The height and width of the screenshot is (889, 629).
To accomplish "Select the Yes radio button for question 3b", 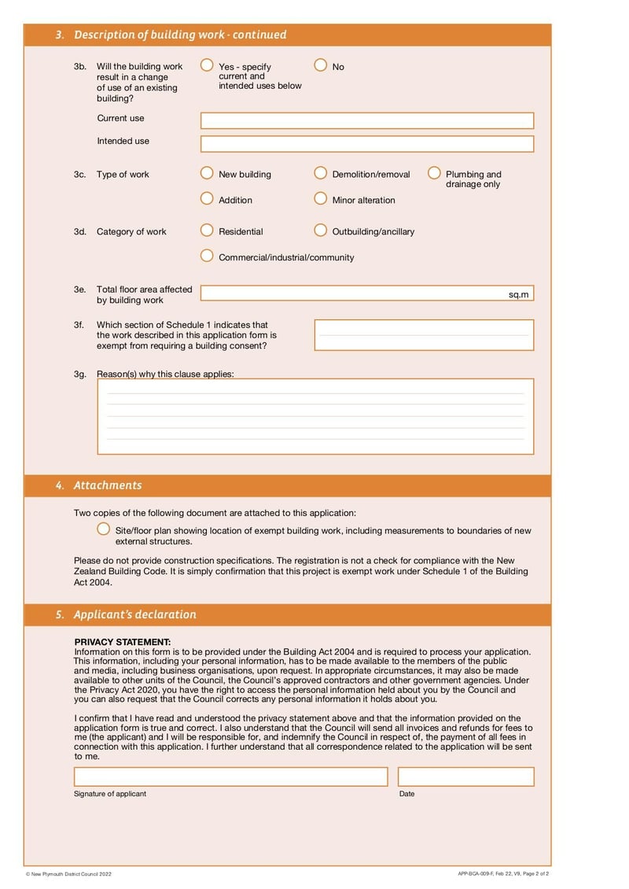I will (x=207, y=65).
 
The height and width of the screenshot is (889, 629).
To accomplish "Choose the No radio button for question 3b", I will (x=321, y=65).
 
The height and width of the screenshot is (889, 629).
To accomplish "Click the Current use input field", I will (x=366, y=120).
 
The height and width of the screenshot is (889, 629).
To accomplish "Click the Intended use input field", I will (x=366, y=144).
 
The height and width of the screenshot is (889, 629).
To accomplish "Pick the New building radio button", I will (x=207, y=173).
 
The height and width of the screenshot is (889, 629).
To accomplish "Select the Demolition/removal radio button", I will (x=321, y=173).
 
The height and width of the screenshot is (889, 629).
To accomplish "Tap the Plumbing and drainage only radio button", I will (x=434, y=173).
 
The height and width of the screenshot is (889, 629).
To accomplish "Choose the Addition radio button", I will (x=207, y=199).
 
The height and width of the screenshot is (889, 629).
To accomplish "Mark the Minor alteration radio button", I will (x=321, y=199).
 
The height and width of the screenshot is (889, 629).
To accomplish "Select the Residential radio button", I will (x=207, y=231).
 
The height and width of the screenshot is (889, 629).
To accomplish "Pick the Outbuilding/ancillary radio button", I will (x=321, y=231).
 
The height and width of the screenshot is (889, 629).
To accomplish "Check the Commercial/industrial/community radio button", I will (x=207, y=256).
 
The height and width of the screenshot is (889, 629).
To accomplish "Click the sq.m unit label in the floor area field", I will (x=519, y=294).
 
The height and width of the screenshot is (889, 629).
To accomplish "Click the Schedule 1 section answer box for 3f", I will (x=424, y=335).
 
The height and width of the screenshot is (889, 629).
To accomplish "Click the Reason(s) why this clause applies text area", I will (x=314, y=416).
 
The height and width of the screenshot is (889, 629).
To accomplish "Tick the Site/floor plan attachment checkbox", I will (x=103, y=529).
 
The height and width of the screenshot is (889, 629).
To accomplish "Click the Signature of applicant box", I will (x=230, y=776).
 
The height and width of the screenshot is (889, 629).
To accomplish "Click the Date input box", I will (x=465, y=776).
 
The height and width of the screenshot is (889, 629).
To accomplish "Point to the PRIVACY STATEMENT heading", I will (x=122, y=642).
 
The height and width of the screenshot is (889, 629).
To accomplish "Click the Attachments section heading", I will (x=108, y=485).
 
